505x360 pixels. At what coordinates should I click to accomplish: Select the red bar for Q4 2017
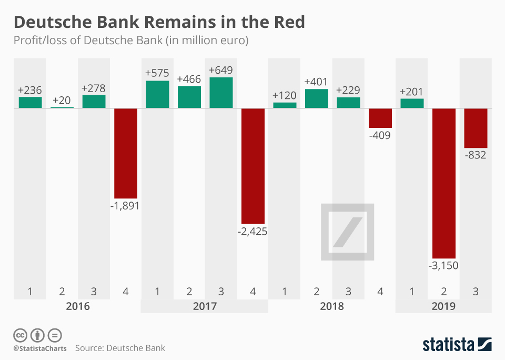click(253, 166)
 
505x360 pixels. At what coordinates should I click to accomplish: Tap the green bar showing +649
click(221, 93)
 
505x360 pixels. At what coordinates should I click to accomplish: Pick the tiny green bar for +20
click(62, 107)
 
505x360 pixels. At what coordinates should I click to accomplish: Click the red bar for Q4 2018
click(380, 118)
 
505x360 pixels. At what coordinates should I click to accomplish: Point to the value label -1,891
click(126, 206)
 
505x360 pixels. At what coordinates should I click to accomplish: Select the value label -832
click(476, 155)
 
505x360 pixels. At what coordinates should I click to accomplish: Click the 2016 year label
click(78, 306)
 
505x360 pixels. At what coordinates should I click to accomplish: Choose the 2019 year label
click(443, 306)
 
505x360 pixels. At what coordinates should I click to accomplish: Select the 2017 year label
click(205, 306)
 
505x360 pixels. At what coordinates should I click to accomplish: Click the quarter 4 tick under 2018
click(380, 291)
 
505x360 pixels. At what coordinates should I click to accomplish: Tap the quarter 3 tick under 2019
click(476, 291)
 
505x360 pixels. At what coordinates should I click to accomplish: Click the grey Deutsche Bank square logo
click(348, 232)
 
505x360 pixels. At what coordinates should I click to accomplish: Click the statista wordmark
click(447, 345)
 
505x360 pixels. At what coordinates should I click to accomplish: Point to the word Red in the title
click(287, 23)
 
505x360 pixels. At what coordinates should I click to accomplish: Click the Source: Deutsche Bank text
click(120, 348)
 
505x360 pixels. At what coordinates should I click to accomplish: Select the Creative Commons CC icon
click(20, 335)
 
